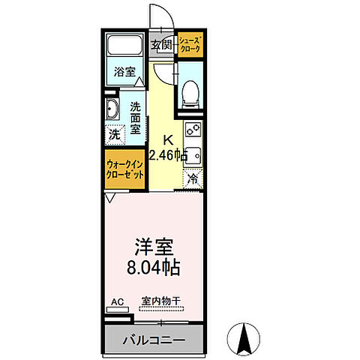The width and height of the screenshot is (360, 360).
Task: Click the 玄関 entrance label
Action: [x=160, y=45]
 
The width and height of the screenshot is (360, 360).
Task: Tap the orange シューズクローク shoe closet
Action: [x=190, y=45]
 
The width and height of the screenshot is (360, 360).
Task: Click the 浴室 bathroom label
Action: [x=124, y=73]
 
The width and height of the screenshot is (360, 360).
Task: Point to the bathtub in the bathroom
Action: [x=124, y=46]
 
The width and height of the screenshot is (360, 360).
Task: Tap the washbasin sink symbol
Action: [x=112, y=110]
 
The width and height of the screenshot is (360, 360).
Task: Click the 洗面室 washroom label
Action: [x=136, y=118]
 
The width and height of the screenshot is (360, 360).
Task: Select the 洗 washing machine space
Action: [x=113, y=135]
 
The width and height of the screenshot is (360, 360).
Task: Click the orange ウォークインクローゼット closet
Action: [x=124, y=169]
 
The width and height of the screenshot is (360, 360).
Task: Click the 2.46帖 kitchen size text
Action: [x=167, y=156]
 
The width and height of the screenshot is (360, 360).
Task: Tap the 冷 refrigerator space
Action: [x=193, y=178]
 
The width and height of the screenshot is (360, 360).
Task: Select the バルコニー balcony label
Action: [x=154, y=340]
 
